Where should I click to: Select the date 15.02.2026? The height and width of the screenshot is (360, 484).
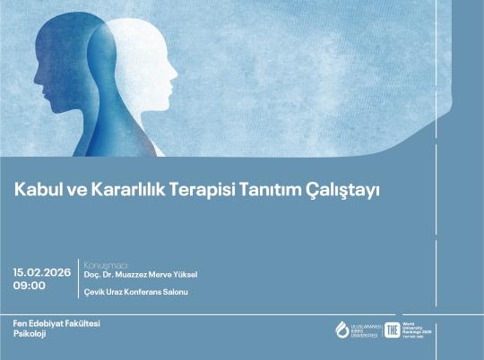pyautogui.click(x=42, y=270)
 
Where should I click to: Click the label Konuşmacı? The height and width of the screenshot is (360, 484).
pyautogui.click(x=106, y=265)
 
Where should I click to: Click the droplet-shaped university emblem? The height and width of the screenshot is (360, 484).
pyautogui.click(x=341, y=330)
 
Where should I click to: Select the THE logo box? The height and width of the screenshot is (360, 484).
pyautogui.click(x=391, y=330)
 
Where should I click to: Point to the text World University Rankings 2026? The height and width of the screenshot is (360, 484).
pyautogui.click(x=417, y=329)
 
